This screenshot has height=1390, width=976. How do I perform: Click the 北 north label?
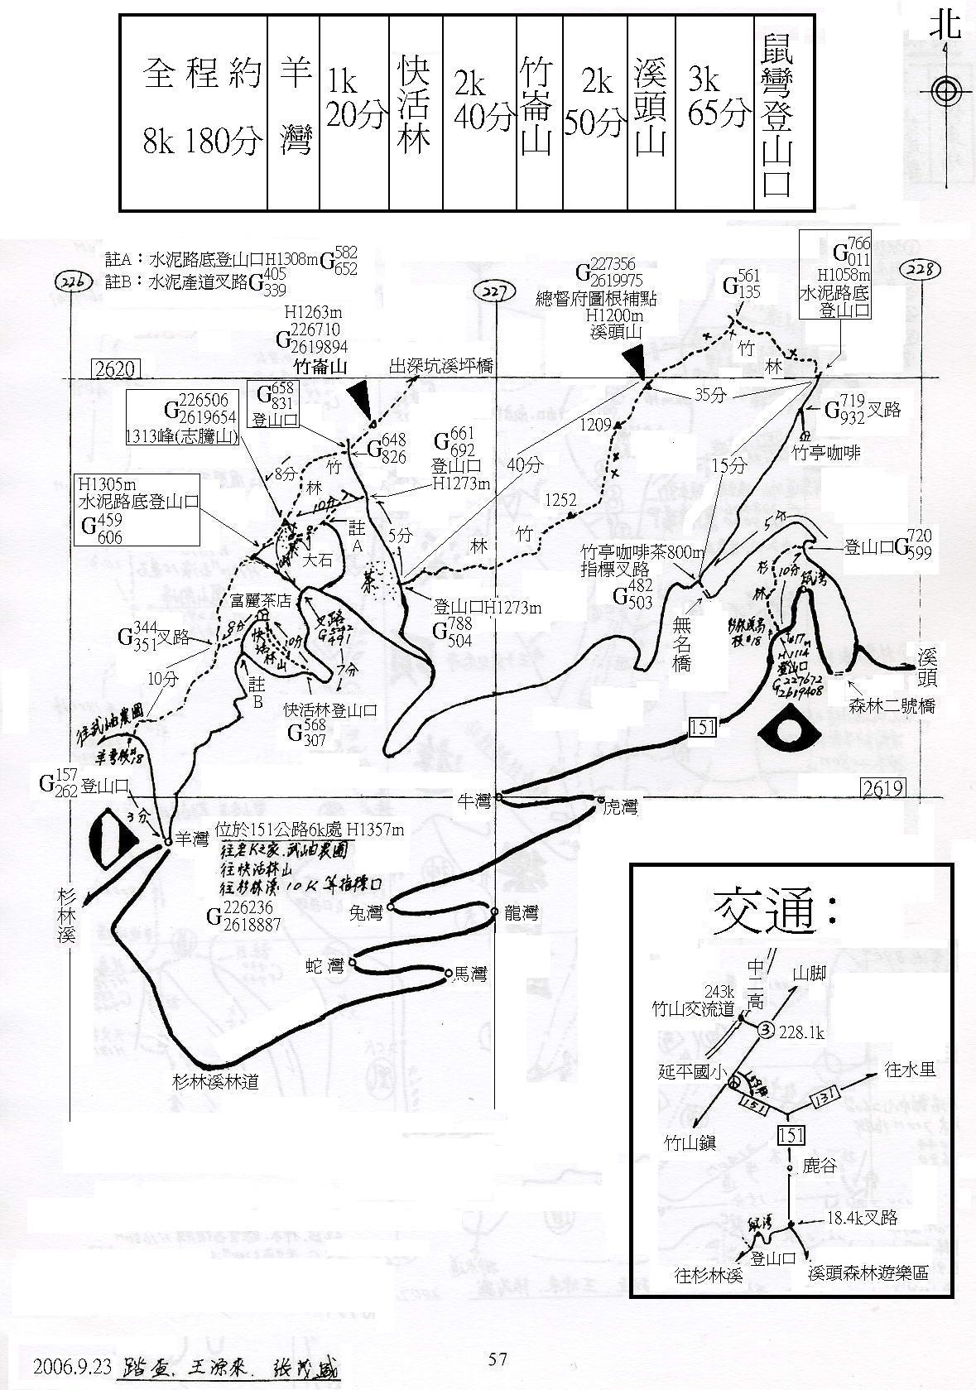pyautogui.click(x=945, y=26)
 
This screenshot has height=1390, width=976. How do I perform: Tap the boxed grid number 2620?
pyautogui.click(x=117, y=368)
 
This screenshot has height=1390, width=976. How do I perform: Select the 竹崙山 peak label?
pyautogui.click(x=320, y=366)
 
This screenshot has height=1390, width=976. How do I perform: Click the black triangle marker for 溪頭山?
pyautogui.click(x=634, y=361)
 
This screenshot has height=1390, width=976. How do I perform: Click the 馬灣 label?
pyautogui.click(x=470, y=974)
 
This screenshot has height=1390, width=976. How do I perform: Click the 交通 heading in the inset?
pyautogui.click(x=773, y=911)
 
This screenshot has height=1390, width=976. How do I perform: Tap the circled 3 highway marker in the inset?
pyautogui.click(x=767, y=1029)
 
